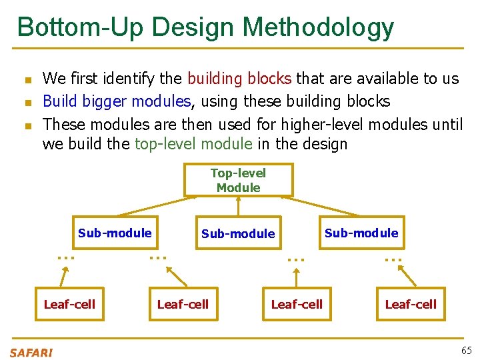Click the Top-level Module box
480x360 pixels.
click(238, 180)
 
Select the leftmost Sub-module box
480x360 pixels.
click(115, 233)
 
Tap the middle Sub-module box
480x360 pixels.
click(238, 233)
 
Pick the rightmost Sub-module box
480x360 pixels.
click(361, 233)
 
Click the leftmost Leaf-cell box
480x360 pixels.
click(69, 304)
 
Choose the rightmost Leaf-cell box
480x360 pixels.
click(411, 304)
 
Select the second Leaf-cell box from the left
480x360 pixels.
click(183, 304)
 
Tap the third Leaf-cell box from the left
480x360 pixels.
click(297, 304)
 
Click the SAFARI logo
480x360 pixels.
click(31, 352)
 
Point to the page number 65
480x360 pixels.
click(466, 351)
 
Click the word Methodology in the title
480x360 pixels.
click(318, 27)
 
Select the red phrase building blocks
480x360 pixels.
click(239, 79)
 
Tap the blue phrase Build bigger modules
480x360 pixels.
click(117, 101)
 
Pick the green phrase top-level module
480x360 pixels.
click(193, 144)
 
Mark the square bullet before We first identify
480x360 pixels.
click(27, 80)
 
